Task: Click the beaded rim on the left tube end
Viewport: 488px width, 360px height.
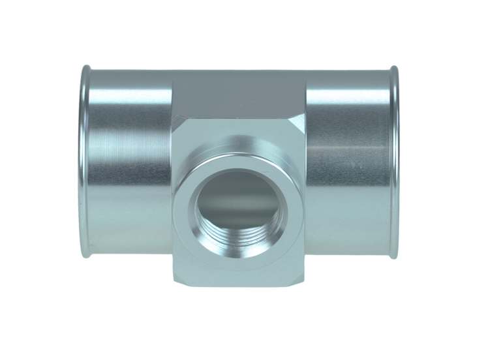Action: coord(83,160)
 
